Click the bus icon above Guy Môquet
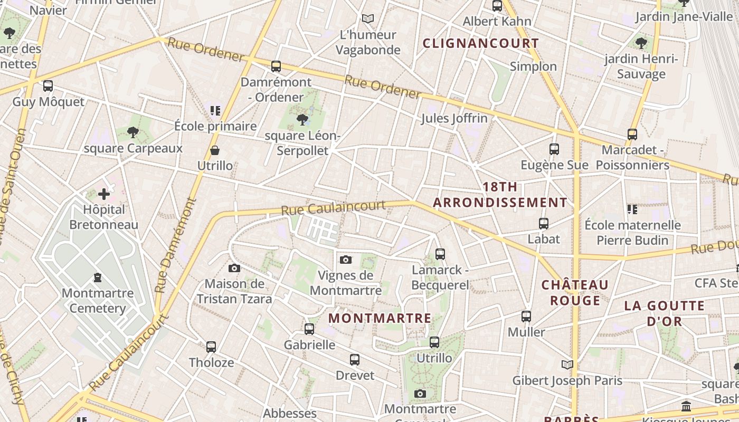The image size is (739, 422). [48, 85]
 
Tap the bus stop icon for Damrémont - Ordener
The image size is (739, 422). [276, 66]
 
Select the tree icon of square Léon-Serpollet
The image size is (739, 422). [302, 119]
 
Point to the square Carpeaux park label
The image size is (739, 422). [133, 148]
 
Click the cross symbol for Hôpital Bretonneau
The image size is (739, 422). [104, 194]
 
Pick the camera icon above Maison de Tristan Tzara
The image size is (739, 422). [234, 268]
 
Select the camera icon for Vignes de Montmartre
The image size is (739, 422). [346, 260]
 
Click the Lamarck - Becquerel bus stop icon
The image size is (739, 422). [440, 254]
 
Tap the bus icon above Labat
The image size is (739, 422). [544, 224]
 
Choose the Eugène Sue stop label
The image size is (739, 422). [554, 165]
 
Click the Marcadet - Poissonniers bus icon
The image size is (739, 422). [632, 135]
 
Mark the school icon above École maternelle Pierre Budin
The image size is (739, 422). [632, 209]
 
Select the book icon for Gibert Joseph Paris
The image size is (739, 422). [567, 365]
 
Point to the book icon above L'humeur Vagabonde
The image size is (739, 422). [368, 19]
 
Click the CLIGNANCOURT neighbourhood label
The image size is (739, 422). [481, 43]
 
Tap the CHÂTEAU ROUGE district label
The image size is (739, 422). [575, 293]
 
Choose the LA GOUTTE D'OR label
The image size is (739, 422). [664, 313]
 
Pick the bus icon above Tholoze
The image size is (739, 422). [211, 347]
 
